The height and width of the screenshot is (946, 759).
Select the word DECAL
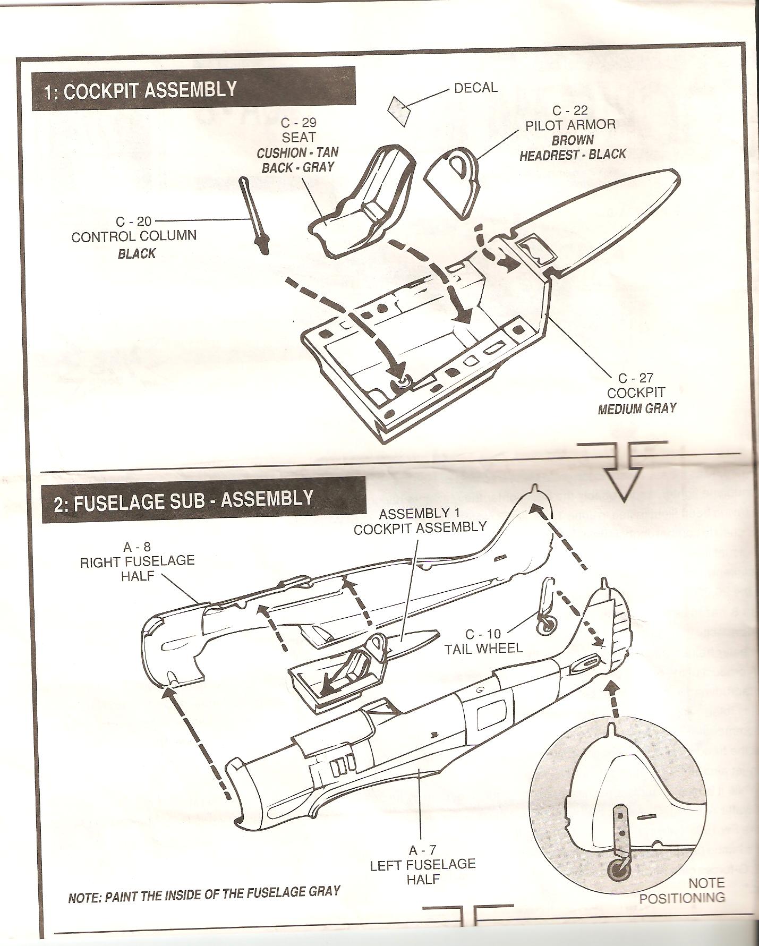(475, 88)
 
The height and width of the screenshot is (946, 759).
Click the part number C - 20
(133, 221)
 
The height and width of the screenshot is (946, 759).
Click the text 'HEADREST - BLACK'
(573, 155)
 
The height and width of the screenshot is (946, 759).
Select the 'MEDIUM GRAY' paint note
(637, 408)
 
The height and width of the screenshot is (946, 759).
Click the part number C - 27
(636, 378)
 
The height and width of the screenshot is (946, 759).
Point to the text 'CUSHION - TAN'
(297, 153)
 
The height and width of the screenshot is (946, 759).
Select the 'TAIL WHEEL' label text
(483, 648)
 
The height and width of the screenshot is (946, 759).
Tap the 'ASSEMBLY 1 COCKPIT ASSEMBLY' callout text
(420, 521)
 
